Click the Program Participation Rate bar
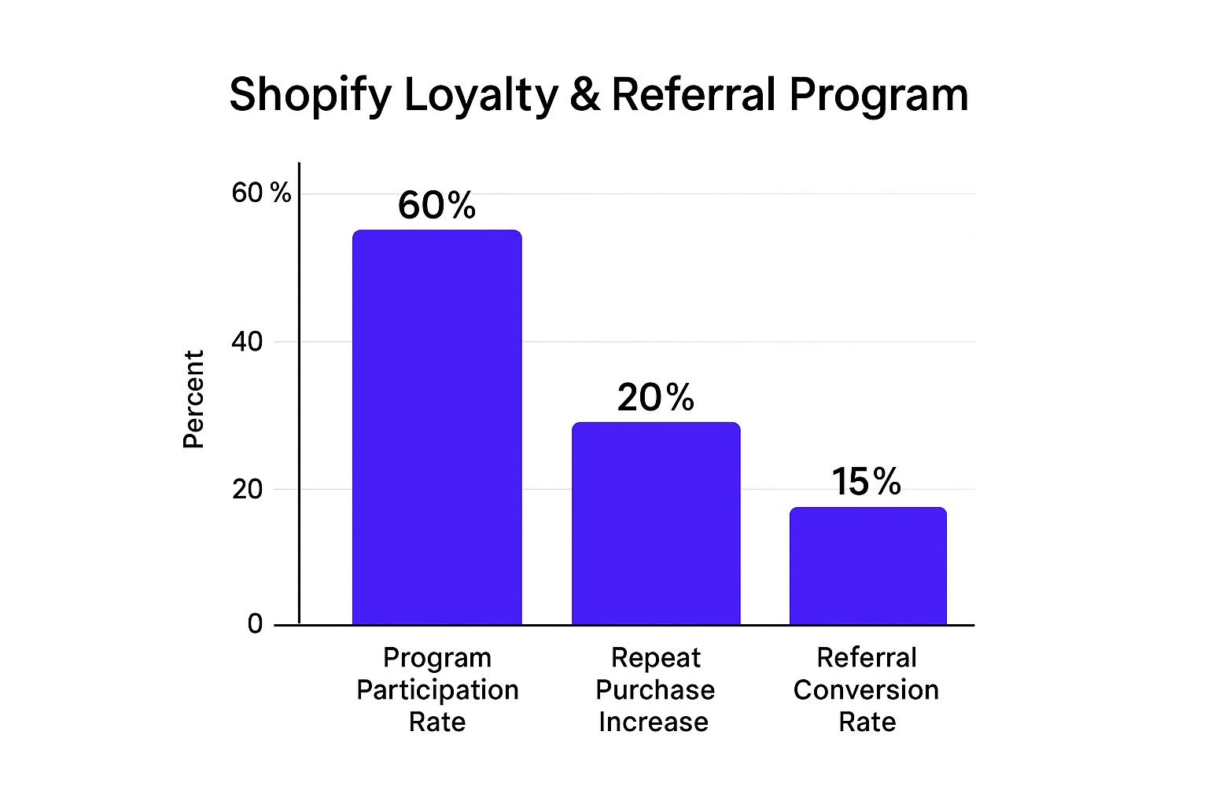tap(436, 428)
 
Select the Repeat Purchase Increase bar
tap(655, 524)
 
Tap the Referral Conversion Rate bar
tap(867, 567)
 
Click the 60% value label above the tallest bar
tap(436, 206)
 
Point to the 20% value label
tap(655, 398)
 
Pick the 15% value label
tap(866, 482)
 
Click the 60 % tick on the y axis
tap(261, 193)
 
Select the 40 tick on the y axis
tap(247, 342)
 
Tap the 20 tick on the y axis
tap(247, 489)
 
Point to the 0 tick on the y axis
tap(255, 624)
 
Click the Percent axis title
tap(193, 399)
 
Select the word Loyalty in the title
tap(481, 96)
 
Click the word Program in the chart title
tap(878, 96)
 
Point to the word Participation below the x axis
tap(437, 690)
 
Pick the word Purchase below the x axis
tap(655, 690)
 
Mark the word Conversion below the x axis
tap(866, 690)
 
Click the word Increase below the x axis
tap(654, 722)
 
